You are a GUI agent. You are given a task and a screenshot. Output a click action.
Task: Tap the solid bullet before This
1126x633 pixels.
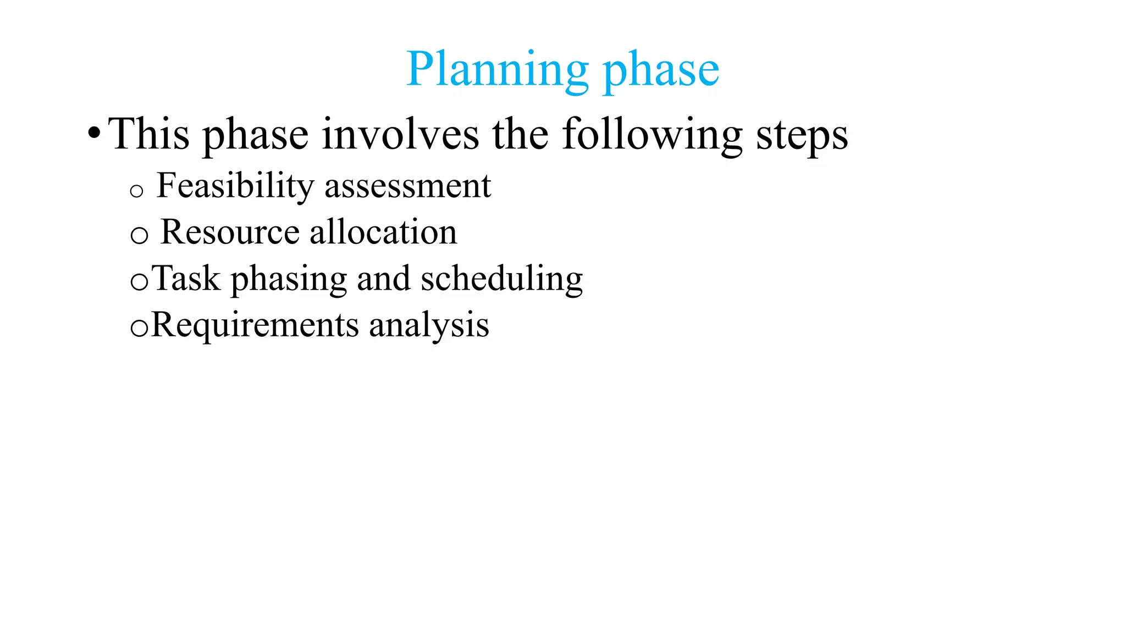pos(94,133)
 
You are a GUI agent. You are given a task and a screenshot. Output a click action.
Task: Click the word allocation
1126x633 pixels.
pos(383,232)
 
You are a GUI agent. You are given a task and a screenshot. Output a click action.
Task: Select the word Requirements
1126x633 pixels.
pos(255,325)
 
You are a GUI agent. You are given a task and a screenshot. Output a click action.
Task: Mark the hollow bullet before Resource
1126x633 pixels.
pos(139,236)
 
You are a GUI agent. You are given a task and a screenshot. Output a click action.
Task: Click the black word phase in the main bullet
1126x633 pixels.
pos(256,135)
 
